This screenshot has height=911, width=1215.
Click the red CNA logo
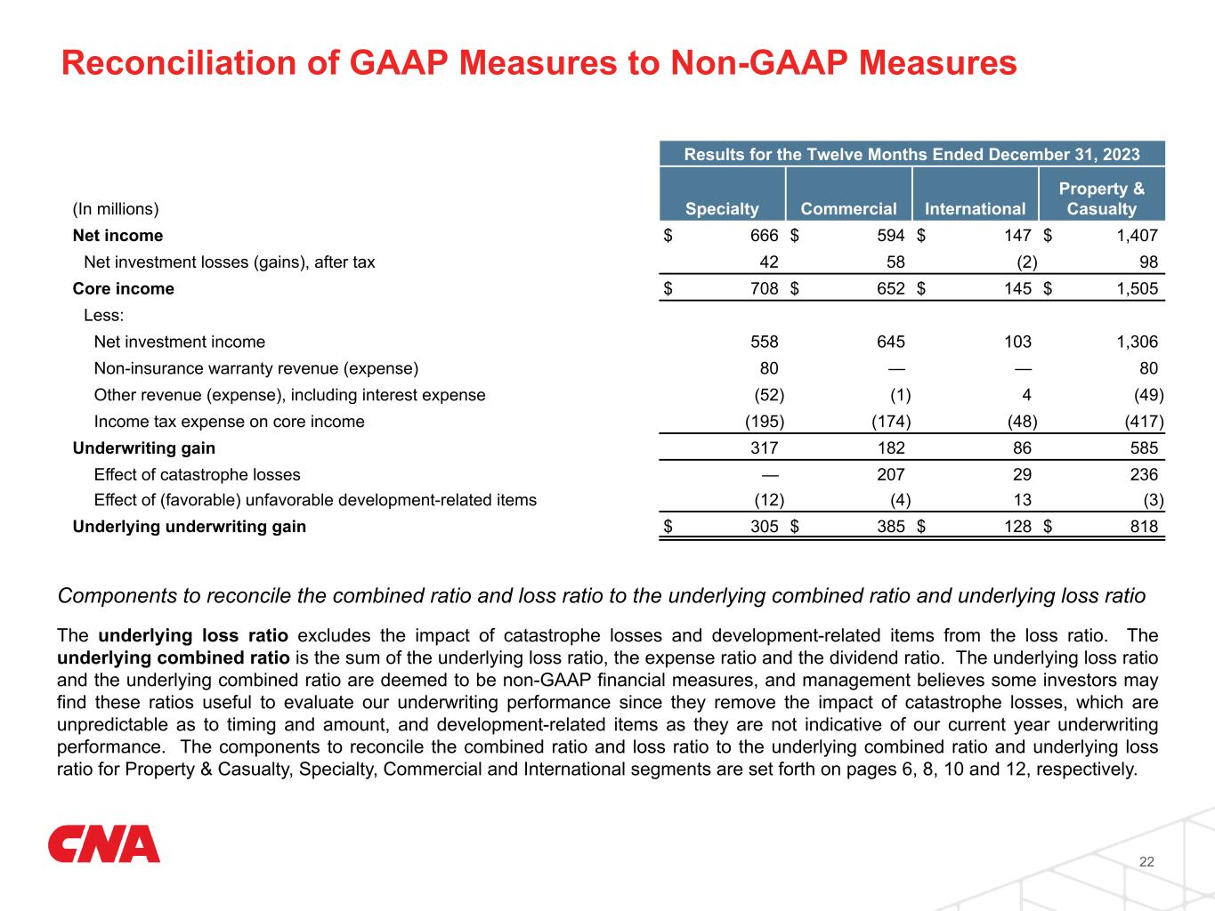(x=104, y=844)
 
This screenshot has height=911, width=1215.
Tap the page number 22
(x=1146, y=861)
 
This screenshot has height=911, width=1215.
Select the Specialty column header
(x=722, y=209)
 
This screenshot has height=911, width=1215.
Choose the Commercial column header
(x=848, y=209)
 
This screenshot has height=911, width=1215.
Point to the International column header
(x=975, y=209)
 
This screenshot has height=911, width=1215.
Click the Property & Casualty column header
(x=1101, y=199)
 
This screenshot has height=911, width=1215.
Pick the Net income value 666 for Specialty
(x=764, y=236)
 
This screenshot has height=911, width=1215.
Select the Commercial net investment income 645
(x=890, y=342)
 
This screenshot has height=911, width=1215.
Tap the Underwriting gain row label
(x=144, y=448)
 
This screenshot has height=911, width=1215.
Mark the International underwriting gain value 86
(x=1021, y=448)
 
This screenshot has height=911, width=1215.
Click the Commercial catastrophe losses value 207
(x=890, y=475)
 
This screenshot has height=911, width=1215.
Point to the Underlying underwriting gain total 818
(x=1144, y=527)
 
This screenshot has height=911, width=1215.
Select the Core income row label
(x=124, y=289)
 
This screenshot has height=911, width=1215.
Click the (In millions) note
(x=116, y=209)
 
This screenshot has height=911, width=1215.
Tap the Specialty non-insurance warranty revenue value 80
(x=768, y=368)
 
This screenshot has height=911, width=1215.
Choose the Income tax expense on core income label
(x=229, y=422)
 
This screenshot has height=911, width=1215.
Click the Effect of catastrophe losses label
(x=197, y=475)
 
